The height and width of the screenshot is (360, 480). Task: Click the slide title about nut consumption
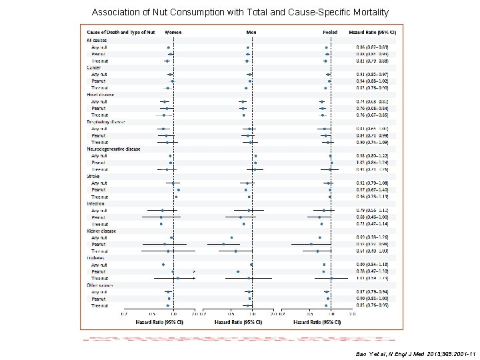click(x=240, y=13)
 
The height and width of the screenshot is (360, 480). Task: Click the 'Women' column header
click(x=173, y=32)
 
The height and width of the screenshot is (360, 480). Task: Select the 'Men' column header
click(x=251, y=32)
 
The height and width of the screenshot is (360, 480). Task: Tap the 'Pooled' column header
click(x=329, y=32)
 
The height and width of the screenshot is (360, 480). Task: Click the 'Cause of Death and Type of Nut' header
click(x=117, y=32)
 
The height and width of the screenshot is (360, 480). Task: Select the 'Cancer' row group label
click(x=93, y=67)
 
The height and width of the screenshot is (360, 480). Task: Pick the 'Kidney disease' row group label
click(x=101, y=231)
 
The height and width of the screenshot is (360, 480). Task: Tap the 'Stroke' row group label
click(x=93, y=176)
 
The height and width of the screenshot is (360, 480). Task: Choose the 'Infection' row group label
click(x=96, y=203)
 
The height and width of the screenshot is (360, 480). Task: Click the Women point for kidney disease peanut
click(x=165, y=244)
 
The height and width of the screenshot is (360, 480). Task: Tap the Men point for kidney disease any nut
click(x=231, y=237)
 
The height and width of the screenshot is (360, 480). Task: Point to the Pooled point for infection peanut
click(x=319, y=217)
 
